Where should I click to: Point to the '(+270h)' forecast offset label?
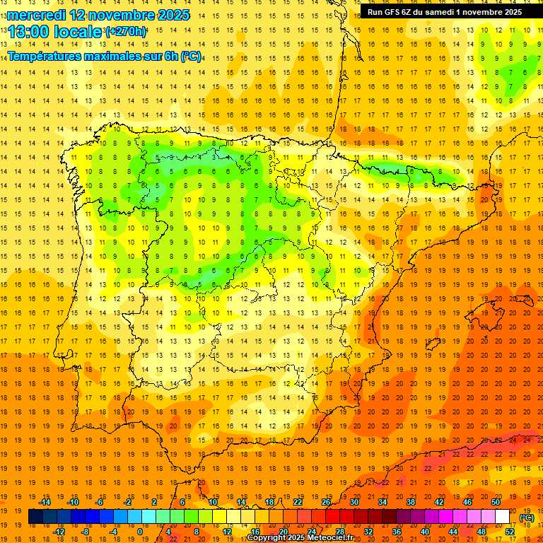click(x=126, y=31)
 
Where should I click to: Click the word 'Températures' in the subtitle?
click(x=49, y=56)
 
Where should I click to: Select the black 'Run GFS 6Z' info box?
click(x=445, y=12)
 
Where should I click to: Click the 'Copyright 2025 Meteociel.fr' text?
click(x=300, y=538)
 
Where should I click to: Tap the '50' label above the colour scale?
click(x=496, y=502)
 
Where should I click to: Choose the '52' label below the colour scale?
click(x=510, y=532)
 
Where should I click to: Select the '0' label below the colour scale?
click(x=140, y=532)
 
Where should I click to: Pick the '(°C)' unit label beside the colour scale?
click(x=527, y=518)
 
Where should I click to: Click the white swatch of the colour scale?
click(x=502, y=517)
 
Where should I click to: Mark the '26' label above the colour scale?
click(x=326, y=502)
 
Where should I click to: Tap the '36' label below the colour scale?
click(x=397, y=532)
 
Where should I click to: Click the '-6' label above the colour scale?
click(x=100, y=502)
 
